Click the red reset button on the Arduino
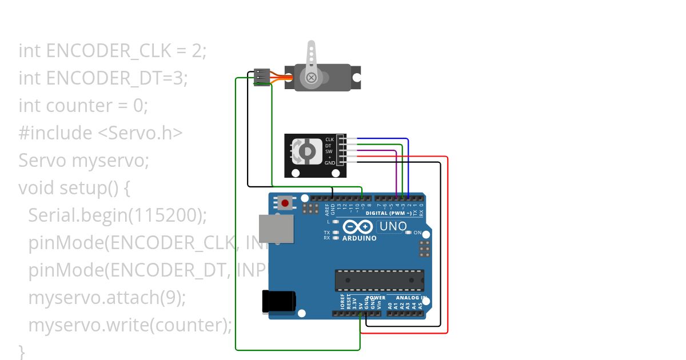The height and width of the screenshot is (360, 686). click(285, 202)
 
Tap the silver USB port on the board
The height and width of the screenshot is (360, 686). click(276, 228)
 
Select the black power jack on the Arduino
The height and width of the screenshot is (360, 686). click(278, 302)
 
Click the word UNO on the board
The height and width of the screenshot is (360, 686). click(393, 226)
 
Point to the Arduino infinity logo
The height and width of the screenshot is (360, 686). click(358, 227)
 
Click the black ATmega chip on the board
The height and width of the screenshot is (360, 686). click(379, 280)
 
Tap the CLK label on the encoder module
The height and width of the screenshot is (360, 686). click(329, 139)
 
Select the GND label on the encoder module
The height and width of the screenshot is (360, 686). click(330, 163)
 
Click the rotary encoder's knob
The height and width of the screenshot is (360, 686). click(306, 151)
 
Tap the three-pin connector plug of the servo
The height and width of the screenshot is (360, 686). click(262, 77)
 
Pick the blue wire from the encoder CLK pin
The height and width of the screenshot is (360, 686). click(389, 139)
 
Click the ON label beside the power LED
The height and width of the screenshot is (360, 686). click(417, 233)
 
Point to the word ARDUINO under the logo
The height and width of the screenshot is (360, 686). click(359, 238)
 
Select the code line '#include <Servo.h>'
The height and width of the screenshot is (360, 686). click(101, 133)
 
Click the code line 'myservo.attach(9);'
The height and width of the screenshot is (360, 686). click(107, 298)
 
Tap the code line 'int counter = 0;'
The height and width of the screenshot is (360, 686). click(83, 106)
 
